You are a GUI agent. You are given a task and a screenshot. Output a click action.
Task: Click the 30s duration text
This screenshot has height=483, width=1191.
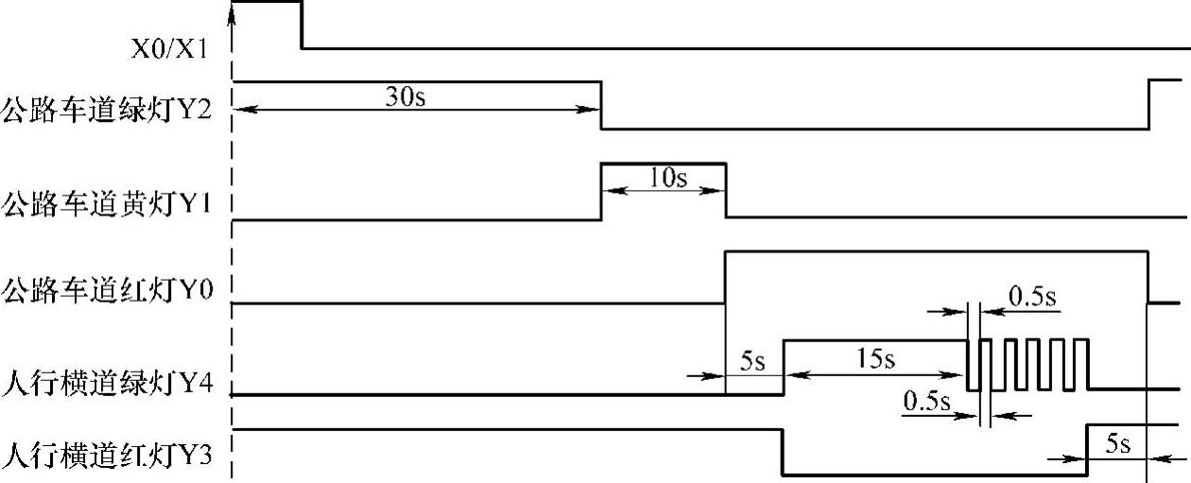(406, 97)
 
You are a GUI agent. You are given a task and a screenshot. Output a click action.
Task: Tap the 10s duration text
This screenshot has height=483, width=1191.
(667, 179)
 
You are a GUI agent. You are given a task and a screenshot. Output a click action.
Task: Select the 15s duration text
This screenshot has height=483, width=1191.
(873, 360)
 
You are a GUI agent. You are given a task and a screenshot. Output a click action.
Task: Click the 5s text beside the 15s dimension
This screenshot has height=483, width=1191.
(751, 360)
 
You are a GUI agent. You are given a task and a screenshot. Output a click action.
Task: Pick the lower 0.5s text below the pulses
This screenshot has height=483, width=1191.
(927, 401)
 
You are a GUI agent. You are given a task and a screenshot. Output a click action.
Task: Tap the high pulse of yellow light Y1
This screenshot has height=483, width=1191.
(664, 164)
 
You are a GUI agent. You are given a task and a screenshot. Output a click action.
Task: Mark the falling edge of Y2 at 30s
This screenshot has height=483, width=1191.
(602, 105)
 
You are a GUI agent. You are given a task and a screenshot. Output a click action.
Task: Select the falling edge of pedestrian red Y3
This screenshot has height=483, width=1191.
(783, 453)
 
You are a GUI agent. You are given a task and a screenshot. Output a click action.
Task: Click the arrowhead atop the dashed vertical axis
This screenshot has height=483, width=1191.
(233, 11)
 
